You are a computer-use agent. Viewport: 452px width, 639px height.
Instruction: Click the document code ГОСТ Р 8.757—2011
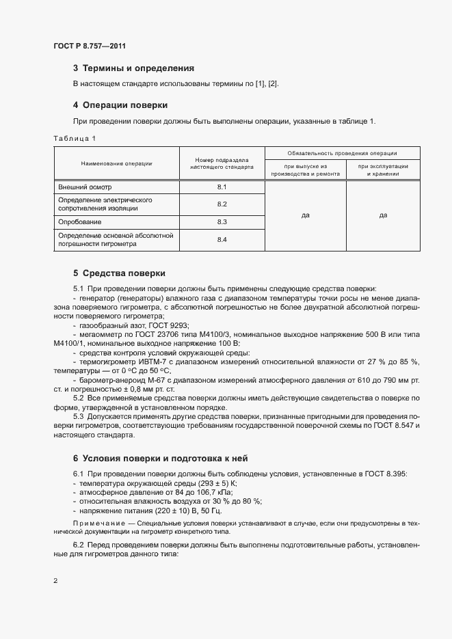click(x=90, y=46)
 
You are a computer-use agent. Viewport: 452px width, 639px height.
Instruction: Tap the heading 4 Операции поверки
click(x=120, y=105)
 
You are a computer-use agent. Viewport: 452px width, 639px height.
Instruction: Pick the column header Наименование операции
click(x=116, y=163)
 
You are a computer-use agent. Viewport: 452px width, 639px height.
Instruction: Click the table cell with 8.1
click(x=222, y=187)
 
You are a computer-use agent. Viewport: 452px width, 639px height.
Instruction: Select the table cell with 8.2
click(x=222, y=204)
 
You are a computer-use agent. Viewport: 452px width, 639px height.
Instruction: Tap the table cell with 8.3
click(x=222, y=222)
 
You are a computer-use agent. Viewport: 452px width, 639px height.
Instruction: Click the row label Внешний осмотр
click(x=84, y=187)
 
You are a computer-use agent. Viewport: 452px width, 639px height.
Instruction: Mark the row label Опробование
click(x=80, y=222)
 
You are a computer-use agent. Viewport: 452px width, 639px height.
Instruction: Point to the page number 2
click(x=55, y=581)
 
